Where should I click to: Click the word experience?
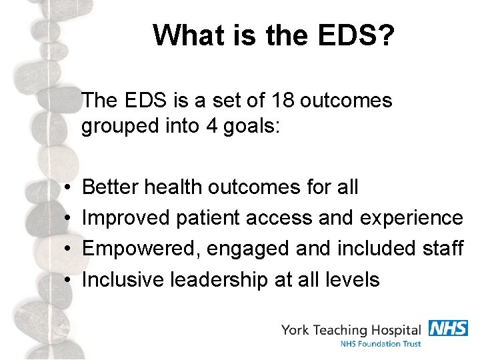411,218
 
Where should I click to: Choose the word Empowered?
140,249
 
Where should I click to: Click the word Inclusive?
124,279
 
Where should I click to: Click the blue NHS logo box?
447,328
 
